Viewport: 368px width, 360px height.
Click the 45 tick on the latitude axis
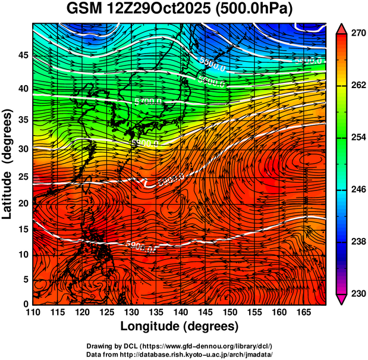pyautogui.click(x=23, y=55)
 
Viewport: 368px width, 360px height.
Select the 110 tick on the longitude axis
pyautogui.click(x=33, y=312)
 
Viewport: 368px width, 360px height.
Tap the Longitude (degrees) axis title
pyautogui.click(x=180, y=326)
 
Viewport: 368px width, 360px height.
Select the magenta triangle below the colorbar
pyautogui.click(x=342, y=299)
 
